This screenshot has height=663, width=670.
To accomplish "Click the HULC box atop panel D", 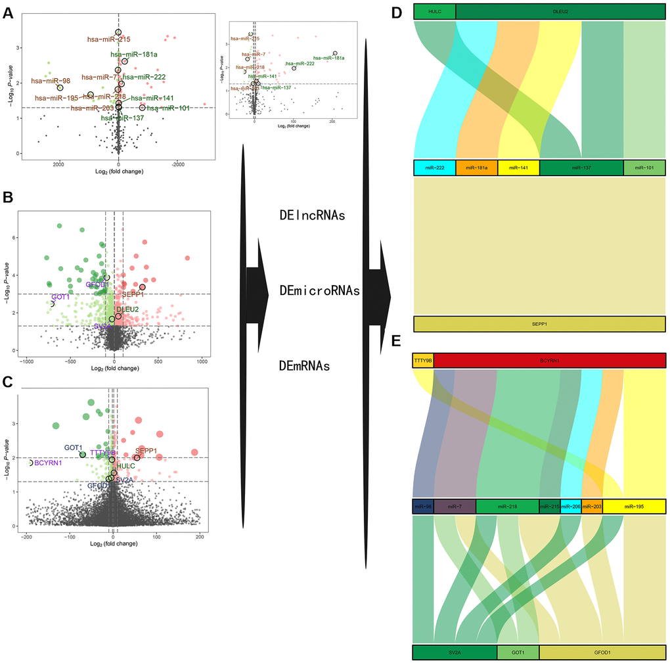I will point(434,11).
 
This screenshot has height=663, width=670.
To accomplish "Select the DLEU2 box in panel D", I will point(560,11).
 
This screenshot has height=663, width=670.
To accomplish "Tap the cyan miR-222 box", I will point(435,168).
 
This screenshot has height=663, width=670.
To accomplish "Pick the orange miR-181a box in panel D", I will point(477,168).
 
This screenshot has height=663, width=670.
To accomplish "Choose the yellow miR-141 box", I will point(519,168).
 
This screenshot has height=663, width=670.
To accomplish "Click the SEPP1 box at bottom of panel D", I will point(540,325).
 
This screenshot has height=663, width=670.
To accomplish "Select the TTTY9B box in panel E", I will point(423,360).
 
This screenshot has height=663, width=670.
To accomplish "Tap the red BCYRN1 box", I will point(550,360).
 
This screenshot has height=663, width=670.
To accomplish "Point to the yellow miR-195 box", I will point(634,507).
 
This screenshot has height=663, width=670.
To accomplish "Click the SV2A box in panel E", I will point(455,652).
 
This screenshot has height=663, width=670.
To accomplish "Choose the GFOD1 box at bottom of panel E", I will point(602,652).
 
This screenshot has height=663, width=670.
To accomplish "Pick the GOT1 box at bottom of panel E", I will point(518,652).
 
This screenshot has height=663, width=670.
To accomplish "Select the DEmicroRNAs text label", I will point(319,290).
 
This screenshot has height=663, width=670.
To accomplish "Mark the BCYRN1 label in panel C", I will point(49,463).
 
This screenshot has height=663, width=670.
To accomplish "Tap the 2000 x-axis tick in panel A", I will point(58,164).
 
